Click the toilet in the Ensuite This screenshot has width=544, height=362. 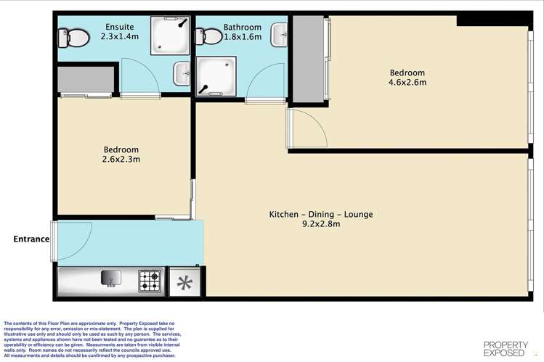[x=73, y=38]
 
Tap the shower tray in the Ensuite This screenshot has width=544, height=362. [x=171, y=36]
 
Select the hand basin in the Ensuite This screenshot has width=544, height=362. [x=182, y=73]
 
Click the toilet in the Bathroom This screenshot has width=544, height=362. [x=209, y=36]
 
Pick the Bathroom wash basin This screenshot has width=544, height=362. [x=280, y=35]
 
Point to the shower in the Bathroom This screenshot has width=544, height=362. [x=216, y=76]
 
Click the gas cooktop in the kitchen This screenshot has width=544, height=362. [x=150, y=281]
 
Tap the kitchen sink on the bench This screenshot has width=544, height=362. [x=111, y=278]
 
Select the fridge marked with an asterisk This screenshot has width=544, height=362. [x=184, y=283]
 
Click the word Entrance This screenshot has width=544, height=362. [x=31, y=239]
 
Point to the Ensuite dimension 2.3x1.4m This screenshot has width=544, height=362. [x=120, y=36]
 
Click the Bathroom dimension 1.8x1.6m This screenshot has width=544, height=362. [x=243, y=37]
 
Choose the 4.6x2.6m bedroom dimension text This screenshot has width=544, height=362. [x=407, y=83]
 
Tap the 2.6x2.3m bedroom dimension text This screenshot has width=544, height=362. [x=121, y=160]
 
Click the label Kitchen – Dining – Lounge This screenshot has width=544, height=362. [x=321, y=215]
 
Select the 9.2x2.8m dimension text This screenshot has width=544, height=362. [x=321, y=223]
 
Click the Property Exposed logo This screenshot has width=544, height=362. [x=506, y=349]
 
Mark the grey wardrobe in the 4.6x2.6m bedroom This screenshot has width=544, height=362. [x=309, y=59]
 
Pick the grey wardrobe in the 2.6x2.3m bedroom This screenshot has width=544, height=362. [x=86, y=80]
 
